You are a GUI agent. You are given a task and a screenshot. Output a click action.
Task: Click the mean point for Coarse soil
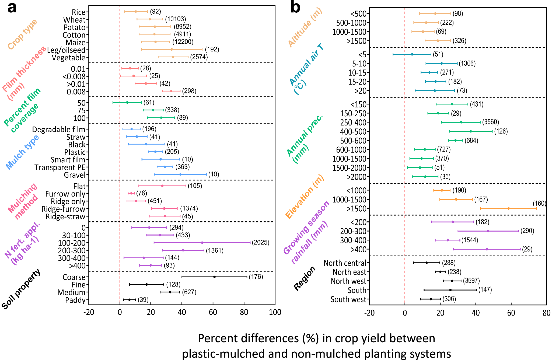tap(214, 277)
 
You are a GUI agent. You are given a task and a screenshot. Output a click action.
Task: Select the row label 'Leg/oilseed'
tap(66, 50)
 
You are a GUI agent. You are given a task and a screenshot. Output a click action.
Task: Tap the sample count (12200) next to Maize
tap(183, 42)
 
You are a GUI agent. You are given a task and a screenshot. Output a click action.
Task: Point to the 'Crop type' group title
tap(22, 34)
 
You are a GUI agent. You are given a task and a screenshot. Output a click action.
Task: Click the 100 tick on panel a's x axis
tap(275, 312)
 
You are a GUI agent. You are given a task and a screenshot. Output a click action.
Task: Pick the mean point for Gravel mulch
tap(180, 174)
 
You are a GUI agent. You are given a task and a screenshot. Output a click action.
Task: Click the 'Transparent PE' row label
tap(60, 167)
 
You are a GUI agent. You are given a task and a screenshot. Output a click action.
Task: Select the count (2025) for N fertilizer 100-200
tap(261, 243)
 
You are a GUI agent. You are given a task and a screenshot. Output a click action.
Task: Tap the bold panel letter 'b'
tap(295, 8)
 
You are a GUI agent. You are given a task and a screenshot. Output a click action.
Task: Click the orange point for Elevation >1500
tap(508, 208)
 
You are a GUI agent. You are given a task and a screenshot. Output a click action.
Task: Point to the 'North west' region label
tap(348, 281)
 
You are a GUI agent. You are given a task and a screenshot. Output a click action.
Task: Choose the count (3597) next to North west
tap(471, 281)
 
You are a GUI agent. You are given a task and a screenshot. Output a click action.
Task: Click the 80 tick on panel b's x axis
tap(546, 313)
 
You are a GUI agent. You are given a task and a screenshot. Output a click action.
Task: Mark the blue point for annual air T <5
tap(412, 54)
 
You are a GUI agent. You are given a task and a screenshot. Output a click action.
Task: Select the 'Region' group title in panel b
tap(304, 278)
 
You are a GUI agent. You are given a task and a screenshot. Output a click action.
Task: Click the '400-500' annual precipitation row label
tap(353, 132)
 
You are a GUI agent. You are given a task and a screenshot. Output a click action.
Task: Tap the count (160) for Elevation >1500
tap(539, 203)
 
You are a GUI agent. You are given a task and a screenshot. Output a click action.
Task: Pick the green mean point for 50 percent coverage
tap(127, 102)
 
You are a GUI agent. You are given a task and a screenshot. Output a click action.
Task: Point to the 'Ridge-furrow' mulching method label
tap(64, 209)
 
